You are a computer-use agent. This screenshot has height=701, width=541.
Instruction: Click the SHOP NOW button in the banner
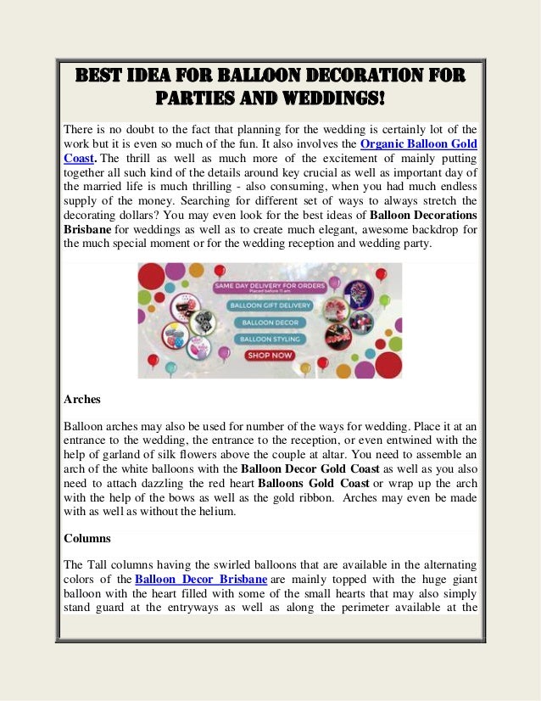click(270, 356)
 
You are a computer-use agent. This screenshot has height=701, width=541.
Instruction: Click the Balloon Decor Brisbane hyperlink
click(201, 579)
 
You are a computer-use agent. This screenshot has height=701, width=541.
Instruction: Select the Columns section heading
click(88, 538)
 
